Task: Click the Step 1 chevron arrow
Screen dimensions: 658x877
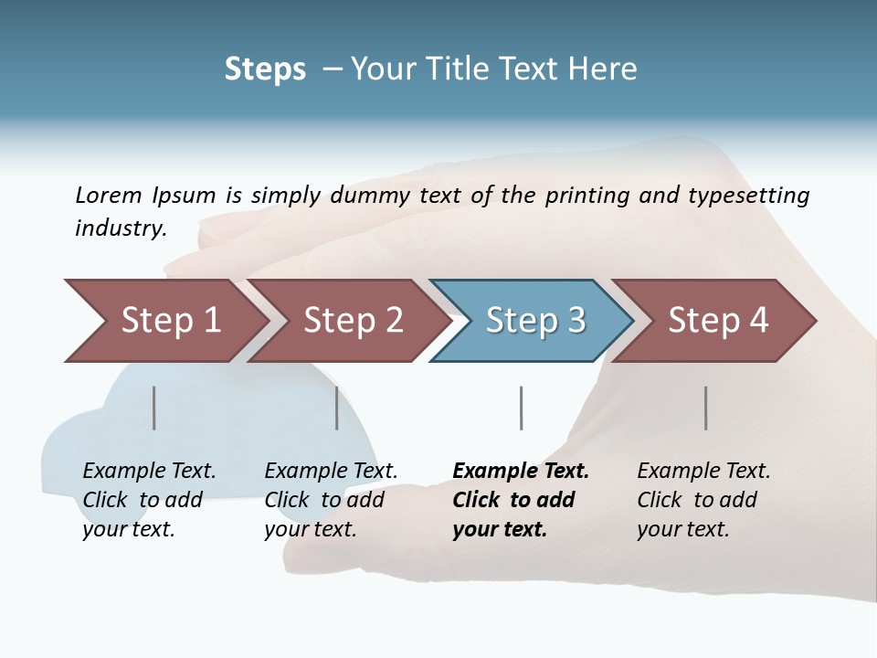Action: click(x=170, y=321)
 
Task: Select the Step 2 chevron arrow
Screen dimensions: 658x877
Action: click(x=353, y=321)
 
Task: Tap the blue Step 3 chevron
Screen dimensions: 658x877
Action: click(x=534, y=321)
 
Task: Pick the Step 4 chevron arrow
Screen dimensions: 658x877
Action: click(x=717, y=321)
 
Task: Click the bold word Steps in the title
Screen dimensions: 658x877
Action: click(x=265, y=69)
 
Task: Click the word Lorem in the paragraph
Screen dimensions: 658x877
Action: click(x=109, y=195)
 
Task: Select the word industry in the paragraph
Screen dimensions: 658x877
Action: click(x=121, y=228)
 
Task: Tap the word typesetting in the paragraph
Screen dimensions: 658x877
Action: click(x=748, y=196)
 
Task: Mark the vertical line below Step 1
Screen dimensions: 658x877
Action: click(x=154, y=408)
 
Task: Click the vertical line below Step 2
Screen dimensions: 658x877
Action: click(x=337, y=408)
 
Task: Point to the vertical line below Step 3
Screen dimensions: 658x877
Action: click(x=521, y=408)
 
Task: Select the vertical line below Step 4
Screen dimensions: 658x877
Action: click(x=705, y=408)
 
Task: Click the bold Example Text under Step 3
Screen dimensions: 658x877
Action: click(x=521, y=472)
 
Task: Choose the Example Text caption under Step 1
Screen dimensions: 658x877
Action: click(x=149, y=472)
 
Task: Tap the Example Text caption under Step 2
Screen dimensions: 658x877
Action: click(x=331, y=472)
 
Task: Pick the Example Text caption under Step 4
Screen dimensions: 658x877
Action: click(x=703, y=472)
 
